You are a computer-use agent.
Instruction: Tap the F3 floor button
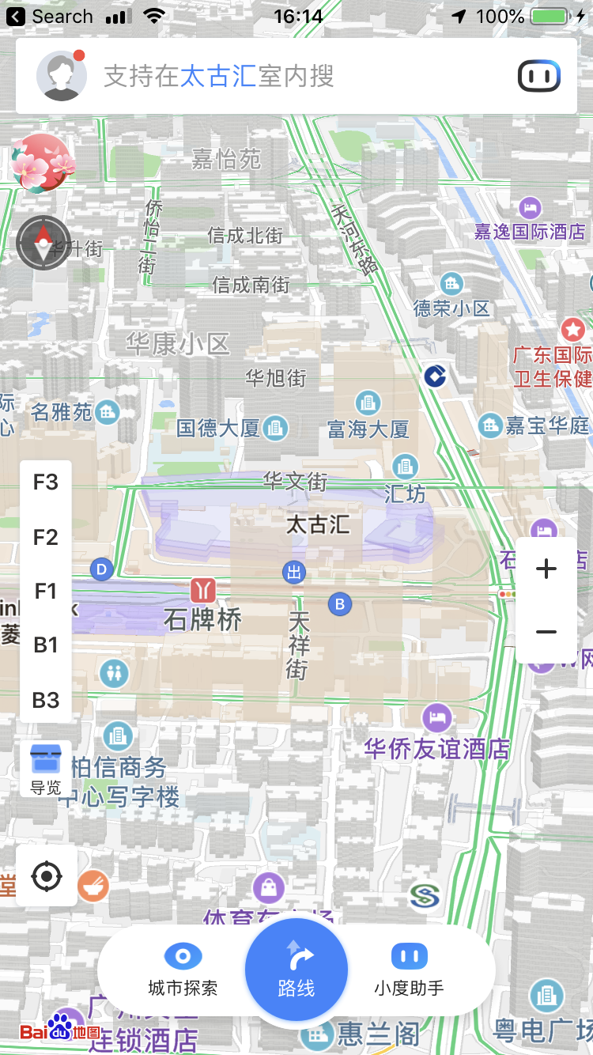coord(46,482)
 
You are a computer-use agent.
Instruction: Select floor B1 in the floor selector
coord(46,645)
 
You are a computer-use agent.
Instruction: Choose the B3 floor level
coord(46,700)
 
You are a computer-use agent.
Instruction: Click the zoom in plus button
coord(546,569)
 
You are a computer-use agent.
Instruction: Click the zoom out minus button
coord(546,632)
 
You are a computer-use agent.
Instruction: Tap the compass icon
coord(43,243)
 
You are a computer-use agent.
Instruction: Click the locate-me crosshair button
coord(47,876)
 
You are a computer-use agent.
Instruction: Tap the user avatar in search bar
coord(61,76)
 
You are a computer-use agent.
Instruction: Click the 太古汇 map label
coord(318,524)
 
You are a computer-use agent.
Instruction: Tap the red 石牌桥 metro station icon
coord(202,590)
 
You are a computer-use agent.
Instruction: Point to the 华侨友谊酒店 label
coord(436,749)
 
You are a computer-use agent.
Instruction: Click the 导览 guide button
coord(45,768)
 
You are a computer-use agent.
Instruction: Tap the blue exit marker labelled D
coord(101,569)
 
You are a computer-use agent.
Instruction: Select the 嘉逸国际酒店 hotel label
coord(530,231)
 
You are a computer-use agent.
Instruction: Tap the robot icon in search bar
coord(539,76)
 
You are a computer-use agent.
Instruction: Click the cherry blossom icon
coord(42,163)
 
